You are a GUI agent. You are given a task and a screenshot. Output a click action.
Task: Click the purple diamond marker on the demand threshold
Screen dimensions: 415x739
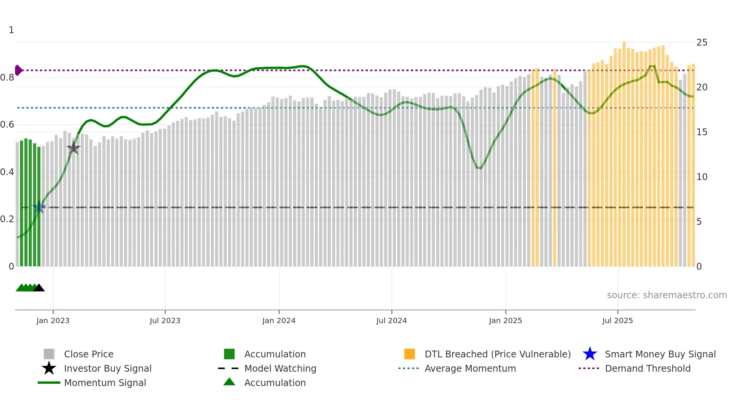(18, 70)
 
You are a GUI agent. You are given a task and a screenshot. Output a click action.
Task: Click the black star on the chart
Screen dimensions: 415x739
(74, 148)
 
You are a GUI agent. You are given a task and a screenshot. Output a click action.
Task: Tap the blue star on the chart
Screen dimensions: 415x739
(39, 207)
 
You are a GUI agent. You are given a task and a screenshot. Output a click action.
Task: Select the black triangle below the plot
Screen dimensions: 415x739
(39, 288)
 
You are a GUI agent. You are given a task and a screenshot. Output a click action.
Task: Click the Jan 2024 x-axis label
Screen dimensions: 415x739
(279, 321)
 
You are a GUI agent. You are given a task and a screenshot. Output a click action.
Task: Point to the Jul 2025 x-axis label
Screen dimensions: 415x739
(617, 321)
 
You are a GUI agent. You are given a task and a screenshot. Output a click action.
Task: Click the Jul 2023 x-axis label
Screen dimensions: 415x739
(165, 321)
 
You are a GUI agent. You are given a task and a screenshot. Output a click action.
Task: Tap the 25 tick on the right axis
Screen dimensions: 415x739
(702, 43)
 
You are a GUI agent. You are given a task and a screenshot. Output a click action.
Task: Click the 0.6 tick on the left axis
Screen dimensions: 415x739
(7, 125)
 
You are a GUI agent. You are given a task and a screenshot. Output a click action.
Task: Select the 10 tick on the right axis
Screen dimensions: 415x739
(702, 177)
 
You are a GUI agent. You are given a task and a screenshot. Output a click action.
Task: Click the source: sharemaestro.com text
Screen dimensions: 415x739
(667, 295)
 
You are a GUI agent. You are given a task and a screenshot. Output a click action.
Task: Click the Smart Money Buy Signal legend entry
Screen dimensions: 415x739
(660, 354)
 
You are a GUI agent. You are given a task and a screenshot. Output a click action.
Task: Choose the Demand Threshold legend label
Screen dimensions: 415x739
(647, 369)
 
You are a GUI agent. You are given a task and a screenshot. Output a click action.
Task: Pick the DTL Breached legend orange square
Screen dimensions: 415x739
(409, 354)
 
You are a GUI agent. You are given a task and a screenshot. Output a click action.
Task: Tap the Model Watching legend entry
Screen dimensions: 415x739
(280, 369)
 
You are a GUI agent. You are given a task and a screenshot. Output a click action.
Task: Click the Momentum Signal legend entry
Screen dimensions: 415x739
(105, 383)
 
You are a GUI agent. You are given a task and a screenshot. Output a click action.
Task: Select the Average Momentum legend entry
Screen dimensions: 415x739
(470, 369)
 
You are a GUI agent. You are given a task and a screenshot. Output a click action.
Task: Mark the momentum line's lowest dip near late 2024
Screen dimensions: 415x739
(479, 168)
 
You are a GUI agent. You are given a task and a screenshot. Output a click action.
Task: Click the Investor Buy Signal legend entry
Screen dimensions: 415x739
(107, 369)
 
